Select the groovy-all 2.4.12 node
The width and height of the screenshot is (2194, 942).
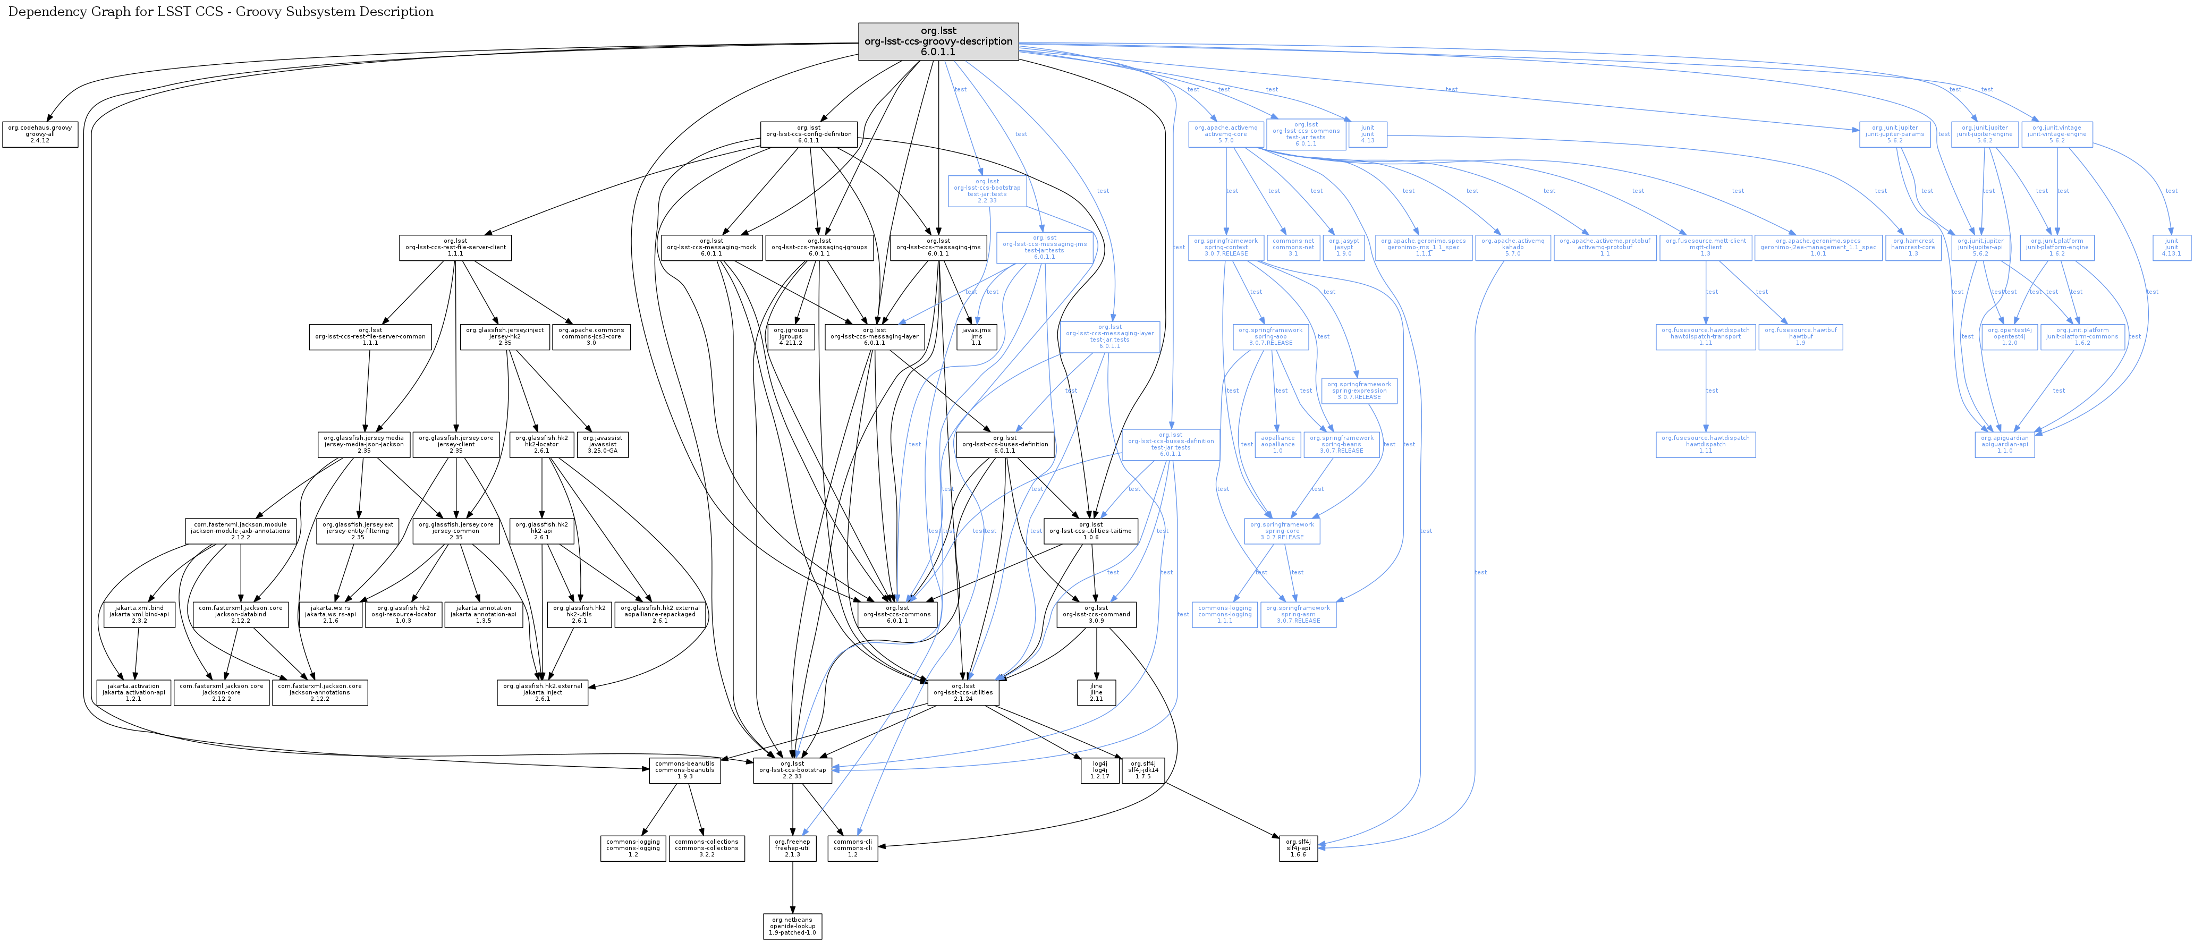click(x=40, y=134)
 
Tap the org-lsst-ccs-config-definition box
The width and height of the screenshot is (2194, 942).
click(x=808, y=134)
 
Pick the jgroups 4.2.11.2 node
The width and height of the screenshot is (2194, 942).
click(x=790, y=336)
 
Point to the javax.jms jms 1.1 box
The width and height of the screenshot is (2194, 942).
click(x=976, y=336)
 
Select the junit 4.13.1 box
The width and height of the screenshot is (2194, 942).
click(x=2171, y=248)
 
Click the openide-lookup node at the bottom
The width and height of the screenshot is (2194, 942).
click(x=792, y=927)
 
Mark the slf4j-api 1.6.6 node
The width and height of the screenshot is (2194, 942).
click(x=1298, y=848)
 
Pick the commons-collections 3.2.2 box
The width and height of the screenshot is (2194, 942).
click(x=706, y=848)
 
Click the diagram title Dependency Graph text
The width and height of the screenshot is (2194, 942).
click(x=221, y=12)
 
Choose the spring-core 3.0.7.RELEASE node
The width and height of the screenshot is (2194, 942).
click(x=1282, y=531)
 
